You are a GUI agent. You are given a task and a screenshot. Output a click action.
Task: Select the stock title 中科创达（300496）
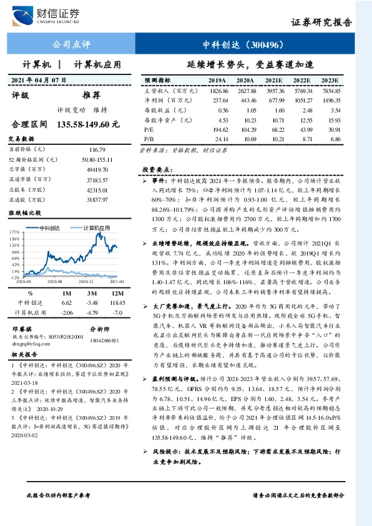[x=245, y=45]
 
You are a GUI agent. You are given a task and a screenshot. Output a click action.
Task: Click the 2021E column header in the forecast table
[x=273, y=81]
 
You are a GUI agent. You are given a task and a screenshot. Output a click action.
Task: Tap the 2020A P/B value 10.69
[x=245, y=138]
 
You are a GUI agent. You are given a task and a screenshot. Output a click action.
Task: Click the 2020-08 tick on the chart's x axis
[x=52, y=282]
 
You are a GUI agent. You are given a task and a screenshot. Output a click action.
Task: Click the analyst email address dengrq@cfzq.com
[x=31, y=344]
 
